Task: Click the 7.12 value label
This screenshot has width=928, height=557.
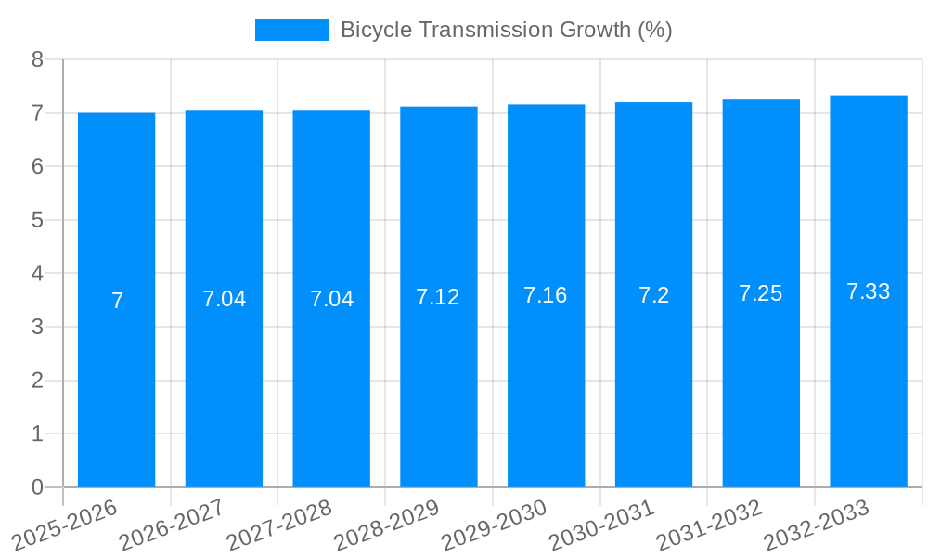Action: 438,297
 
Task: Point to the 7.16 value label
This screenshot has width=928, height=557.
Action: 546,295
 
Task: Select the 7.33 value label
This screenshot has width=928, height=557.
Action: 869,291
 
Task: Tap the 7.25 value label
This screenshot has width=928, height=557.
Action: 761,293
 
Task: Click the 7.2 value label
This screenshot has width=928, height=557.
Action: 653,295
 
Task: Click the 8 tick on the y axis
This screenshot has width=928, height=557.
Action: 37,59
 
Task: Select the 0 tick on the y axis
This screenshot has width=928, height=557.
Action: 37,487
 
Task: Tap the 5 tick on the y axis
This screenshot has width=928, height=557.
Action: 37,220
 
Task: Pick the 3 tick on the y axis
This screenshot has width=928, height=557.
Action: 37,327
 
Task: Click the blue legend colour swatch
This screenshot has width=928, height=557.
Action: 292,30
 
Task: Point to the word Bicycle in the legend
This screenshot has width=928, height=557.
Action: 377,30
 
